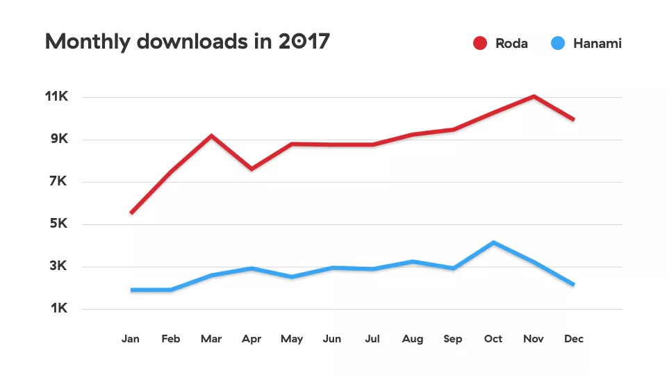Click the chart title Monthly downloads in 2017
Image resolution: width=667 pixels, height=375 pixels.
point(187,42)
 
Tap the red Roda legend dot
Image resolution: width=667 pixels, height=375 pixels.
point(479,44)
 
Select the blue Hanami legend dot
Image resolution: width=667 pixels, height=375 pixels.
point(557,44)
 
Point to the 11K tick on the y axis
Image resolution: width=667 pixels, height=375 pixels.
point(56,97)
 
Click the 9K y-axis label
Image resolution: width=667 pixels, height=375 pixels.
point(58,139)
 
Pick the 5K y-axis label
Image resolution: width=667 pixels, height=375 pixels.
point(58,224)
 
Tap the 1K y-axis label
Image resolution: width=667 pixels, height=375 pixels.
point(58,308)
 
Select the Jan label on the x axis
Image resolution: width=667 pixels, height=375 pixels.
point(130,339)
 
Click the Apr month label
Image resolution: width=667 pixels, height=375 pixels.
point(252,339)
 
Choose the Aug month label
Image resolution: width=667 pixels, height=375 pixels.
point(413,339)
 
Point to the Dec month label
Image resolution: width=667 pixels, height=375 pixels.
point(574,339)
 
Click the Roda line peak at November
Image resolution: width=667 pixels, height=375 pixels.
point(534,96)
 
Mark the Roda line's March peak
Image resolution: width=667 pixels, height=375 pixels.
point(211,135)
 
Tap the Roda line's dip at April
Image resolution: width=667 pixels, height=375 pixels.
point(252,169)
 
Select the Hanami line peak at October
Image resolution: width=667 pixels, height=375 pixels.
point(493,242)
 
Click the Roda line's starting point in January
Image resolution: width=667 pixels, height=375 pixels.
point(131,212)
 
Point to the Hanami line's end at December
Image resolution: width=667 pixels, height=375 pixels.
point(573,284)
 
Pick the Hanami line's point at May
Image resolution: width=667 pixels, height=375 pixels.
point(292,277)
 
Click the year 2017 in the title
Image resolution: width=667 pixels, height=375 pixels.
point(303,42)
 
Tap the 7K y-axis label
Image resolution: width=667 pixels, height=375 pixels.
point(58,181)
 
